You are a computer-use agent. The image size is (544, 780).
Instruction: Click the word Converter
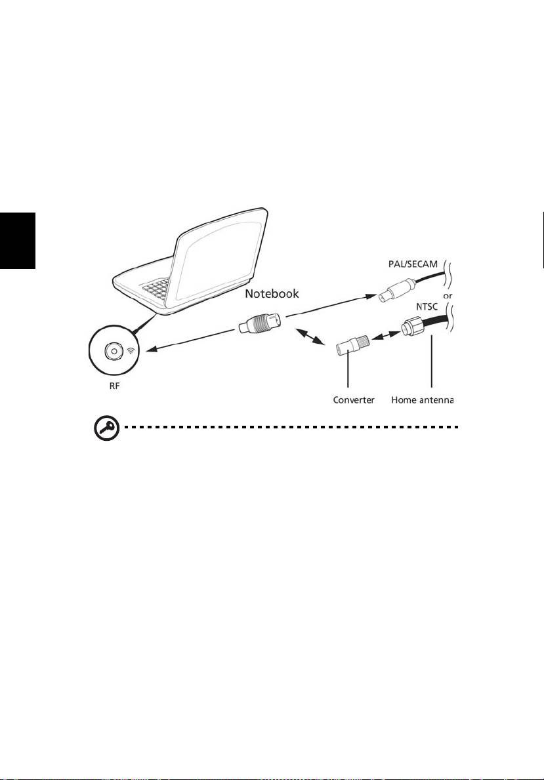point(353,400)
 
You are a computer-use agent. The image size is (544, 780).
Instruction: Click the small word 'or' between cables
point(448,296)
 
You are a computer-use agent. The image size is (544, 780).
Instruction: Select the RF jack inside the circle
point(114,351)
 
